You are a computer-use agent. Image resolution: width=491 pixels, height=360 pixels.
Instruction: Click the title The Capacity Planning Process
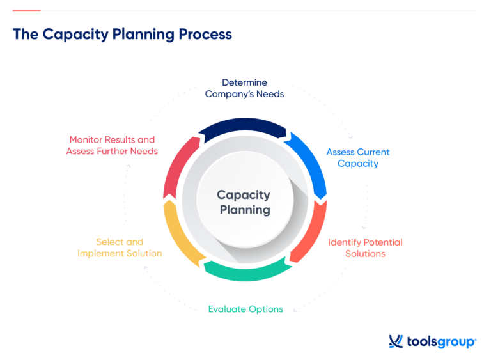pyautogui.click(x=122, y=35)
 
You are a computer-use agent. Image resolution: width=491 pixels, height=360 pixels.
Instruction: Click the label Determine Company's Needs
pyautogui.click(x=244, y=88)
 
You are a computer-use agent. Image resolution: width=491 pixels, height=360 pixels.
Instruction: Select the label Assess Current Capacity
pyautogui.click(x=358, y=158)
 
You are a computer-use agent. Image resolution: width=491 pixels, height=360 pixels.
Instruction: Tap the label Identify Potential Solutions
pyautogui.click(x=365, y=248)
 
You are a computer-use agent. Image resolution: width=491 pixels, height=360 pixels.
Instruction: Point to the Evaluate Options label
pyautogui.click(x=245, y=309)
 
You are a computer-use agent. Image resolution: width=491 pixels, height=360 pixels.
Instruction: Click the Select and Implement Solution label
pyautogui.click(x=120, y=247)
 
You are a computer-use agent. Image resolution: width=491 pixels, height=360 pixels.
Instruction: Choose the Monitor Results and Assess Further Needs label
pyautogui.click(x=112, y=145)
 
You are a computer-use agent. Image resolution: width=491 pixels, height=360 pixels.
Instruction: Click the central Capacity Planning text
pyautogui.click(x=244, y=202)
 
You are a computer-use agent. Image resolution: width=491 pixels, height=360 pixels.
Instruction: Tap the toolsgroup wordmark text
pyautogui.click(x=441, y=342)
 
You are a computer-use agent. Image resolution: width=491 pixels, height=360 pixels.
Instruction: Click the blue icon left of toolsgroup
pyautogui.click(x=396, y=341)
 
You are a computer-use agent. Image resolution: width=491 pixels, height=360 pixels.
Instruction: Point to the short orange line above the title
pyautogui.click(x=26, y=11)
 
